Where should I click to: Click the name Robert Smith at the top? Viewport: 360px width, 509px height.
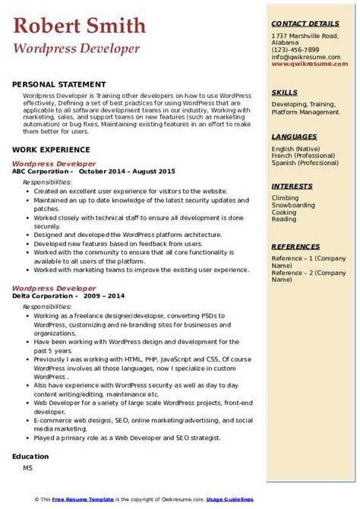[x=79, y=27]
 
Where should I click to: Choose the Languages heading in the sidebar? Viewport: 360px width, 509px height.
[x=293, y=136]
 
